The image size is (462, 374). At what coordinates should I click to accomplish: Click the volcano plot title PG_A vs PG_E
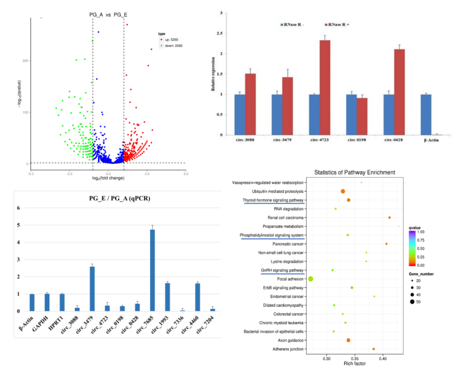tap(108, 15)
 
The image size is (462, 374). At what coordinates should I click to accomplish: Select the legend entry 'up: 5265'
tap(172, 39)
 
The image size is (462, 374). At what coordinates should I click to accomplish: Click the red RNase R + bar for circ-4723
tap(324, 88)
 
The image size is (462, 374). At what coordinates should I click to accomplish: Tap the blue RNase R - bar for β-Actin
tap(426, 115)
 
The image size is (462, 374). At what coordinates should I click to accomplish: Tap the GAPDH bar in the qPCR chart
tap(47, 302)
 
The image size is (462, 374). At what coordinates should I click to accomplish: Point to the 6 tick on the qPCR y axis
tap(18, 208)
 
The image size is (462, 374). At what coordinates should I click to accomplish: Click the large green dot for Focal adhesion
tap(310, 279)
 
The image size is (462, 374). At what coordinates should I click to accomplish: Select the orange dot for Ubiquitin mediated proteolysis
tap(343, 191)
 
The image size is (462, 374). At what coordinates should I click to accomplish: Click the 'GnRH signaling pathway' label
tap(282, 270)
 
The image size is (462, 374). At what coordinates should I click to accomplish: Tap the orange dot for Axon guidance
tap(348, 340)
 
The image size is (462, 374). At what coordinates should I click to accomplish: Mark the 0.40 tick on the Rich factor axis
tap(383, 358)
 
